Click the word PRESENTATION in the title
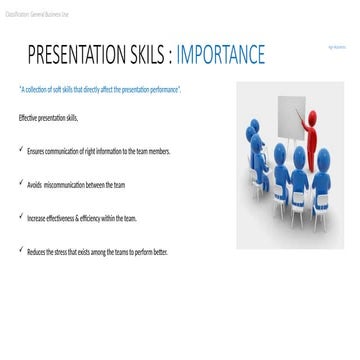[x=77, y=54]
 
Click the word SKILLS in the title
[x=147, y=54]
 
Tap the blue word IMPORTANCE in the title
[x=221, y=54]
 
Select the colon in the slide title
[x=170, y=55]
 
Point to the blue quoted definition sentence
[x=100, y=89]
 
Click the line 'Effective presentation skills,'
[x=48, y=118]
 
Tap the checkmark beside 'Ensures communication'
[x=22, y=149]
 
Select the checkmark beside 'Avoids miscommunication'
[x=22, y=183]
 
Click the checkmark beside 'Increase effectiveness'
[x=22, y=216]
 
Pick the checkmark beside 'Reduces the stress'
[x=22, y=250]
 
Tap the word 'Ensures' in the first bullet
[x=36, y=150]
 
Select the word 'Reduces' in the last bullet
[x=36, y=251]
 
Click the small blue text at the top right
[x=336, y=46]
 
